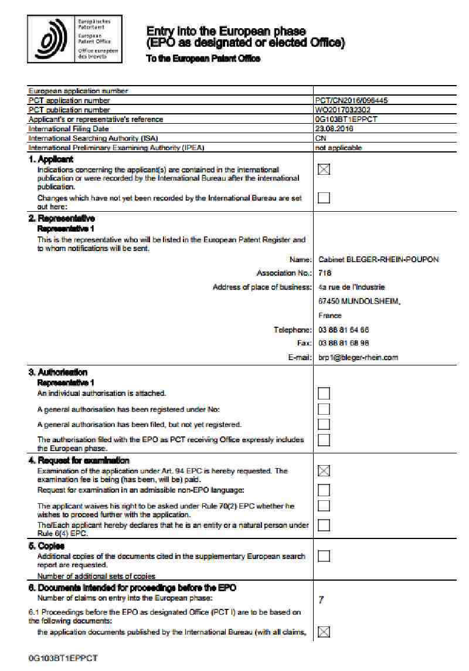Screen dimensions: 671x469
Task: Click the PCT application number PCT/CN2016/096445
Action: [x=351, y=100]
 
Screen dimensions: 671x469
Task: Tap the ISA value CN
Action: [x=321, y=138]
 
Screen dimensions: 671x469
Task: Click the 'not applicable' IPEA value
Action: [x=338, y=148]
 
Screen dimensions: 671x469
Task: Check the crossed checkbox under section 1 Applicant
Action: [x=324, y=169]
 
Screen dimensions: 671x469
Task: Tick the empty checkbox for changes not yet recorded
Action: [x=324, y=198]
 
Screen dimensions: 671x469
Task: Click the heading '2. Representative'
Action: [x=62, y=219]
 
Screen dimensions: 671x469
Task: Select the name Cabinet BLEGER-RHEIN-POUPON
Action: [x=378, y=259]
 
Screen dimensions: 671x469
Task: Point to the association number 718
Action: [x=325, y=273]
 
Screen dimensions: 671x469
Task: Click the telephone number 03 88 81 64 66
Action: [x=344, y=330]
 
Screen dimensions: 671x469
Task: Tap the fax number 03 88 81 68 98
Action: [x=344, y=343]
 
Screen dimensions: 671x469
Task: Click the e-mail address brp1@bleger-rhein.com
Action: [x=358, y=357]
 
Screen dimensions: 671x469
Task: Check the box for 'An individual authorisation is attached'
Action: [x=324, y=393]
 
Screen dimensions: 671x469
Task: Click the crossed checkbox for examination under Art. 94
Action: [x=324, y=471]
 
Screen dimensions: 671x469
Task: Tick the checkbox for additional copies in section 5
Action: [x=324, y=555]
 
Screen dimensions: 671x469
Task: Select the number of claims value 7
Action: [x=321, y=599]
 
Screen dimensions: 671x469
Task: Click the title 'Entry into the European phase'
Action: [x=226, y=30]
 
